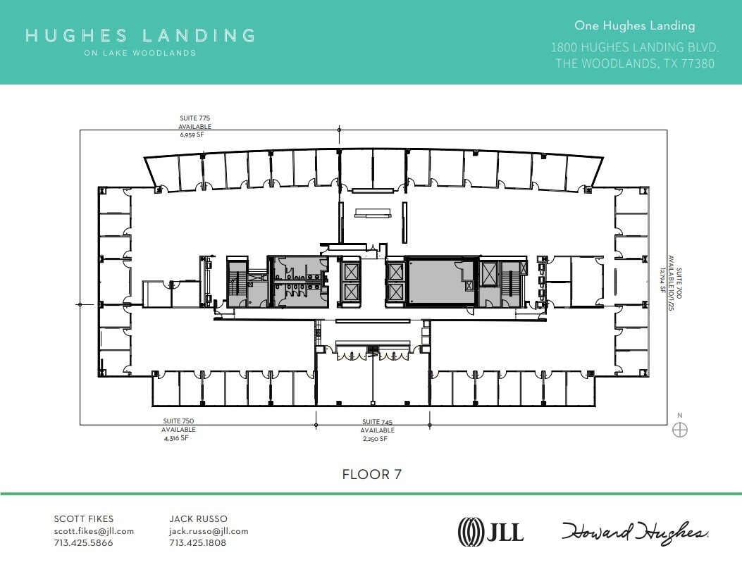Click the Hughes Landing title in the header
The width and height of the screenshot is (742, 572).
click(140, 35)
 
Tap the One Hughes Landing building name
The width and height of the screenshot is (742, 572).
click(634, 26)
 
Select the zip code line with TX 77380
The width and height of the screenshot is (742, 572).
click(635, 63)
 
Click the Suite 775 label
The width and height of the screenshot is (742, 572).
click(194, 118)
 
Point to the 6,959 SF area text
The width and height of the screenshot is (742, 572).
click(194, 133)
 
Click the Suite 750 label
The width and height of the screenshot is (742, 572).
click(178, 421)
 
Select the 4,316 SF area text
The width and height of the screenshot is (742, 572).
click(176, 437)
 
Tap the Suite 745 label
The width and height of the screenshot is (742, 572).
click(377, 422)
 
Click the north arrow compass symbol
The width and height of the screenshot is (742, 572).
click(680, 430)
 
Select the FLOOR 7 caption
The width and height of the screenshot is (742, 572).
click(371, 474)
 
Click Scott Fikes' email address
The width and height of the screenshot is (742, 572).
click(94, 531)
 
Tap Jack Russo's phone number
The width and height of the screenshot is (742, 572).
click(198, 543)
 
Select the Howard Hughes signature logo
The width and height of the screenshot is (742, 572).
click(635, 532)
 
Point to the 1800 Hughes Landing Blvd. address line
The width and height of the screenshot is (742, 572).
click(634, 48)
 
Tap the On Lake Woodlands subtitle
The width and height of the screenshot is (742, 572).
click(140, 53)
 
